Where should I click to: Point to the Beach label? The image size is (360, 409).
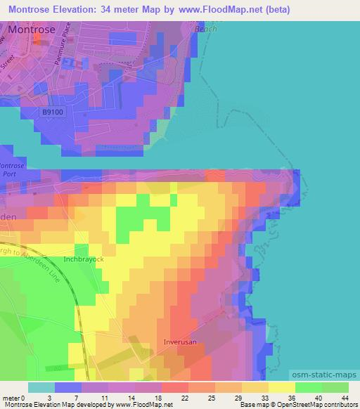[x=206, y=30]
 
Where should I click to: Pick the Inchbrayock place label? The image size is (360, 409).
[x=84, y=259]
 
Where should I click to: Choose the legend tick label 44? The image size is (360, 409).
[x=345, y=398]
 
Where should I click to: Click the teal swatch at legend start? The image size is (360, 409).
[x=41, y=387]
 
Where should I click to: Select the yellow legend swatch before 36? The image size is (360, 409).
[x=255, y=387]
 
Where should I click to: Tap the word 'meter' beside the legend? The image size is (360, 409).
[x=10, y=398]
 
